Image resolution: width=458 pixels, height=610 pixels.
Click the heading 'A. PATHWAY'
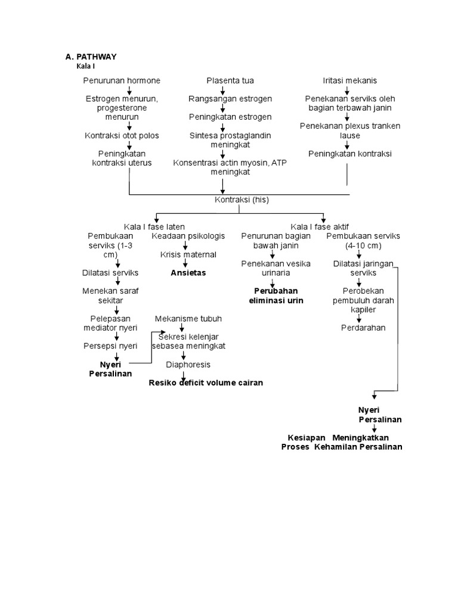pyautogui.click(x=91, y=57)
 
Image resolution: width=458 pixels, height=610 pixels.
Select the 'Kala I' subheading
pyautogui.click(x=86, y=66)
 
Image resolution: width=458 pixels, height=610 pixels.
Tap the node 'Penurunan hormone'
pyautogui.click(x=122, y=80)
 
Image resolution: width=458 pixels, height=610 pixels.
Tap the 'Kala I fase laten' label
pyautogui.click(x=154, y=227)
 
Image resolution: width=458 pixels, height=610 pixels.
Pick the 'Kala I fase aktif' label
pyautogui.click(x=320, y=227)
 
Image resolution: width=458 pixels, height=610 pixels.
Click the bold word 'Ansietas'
pyautogui.click(x=188, y=273)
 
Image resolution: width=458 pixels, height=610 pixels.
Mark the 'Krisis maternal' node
pyautogui.click(x=188, y=254)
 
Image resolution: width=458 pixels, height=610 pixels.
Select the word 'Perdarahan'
pyautogui.click(x=363, y=328)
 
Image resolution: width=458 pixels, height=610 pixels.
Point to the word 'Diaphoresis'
pyautogui.click(x=188, y=364)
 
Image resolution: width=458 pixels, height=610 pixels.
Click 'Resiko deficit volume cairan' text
pyautogui.click(x=206, y=382)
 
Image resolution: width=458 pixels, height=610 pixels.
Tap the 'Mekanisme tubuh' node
pyautogui.click(x=188, y=319)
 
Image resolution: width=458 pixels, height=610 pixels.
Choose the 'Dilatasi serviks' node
pyautogui.click(x=110, y=273)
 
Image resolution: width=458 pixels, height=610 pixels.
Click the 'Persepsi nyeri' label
pyautogui.click(x=110, y=346)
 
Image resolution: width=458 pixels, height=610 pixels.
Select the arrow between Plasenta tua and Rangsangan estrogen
pyautogui.click(x=222, y=90)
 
